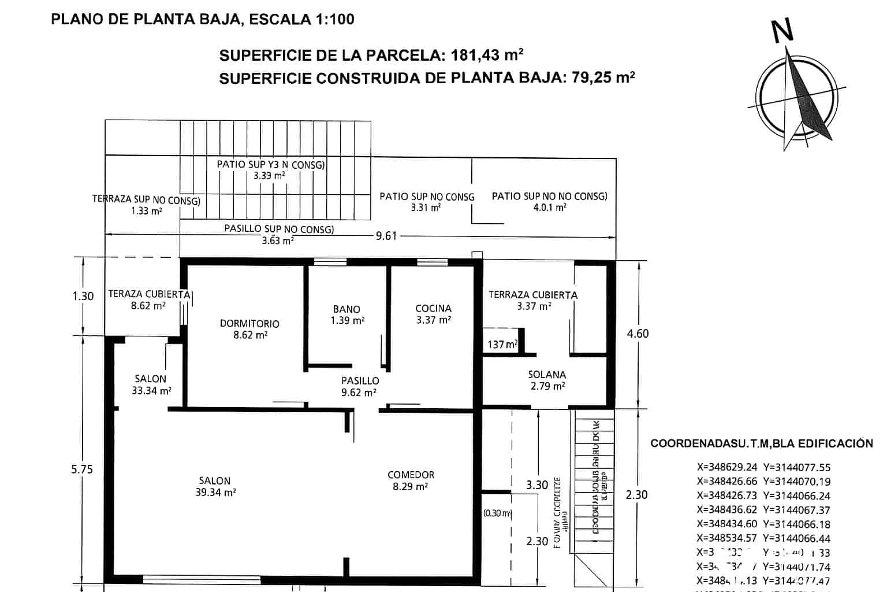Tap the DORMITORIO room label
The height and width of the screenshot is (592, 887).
(249, 324)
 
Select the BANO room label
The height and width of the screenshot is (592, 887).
(346, 309)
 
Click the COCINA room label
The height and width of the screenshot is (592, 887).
(433, 308)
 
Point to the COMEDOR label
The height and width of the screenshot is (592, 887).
(411, 475)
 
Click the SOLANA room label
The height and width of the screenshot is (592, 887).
(547, 375)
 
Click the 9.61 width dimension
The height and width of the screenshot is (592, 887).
(386, 236)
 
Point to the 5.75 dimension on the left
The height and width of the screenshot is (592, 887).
(82, 469)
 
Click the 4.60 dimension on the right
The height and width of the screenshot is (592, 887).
(638, 334)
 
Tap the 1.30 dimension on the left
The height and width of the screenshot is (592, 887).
(83, 296)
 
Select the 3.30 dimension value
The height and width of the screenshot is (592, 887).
(536, 485)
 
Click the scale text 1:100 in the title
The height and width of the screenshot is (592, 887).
(334, 19)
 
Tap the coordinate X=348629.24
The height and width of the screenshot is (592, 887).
(727, 468)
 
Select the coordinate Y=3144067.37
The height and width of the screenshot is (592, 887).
(796, 510)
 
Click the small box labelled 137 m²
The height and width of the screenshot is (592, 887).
(503, 345)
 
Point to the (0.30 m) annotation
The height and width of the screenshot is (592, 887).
(497, 513)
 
